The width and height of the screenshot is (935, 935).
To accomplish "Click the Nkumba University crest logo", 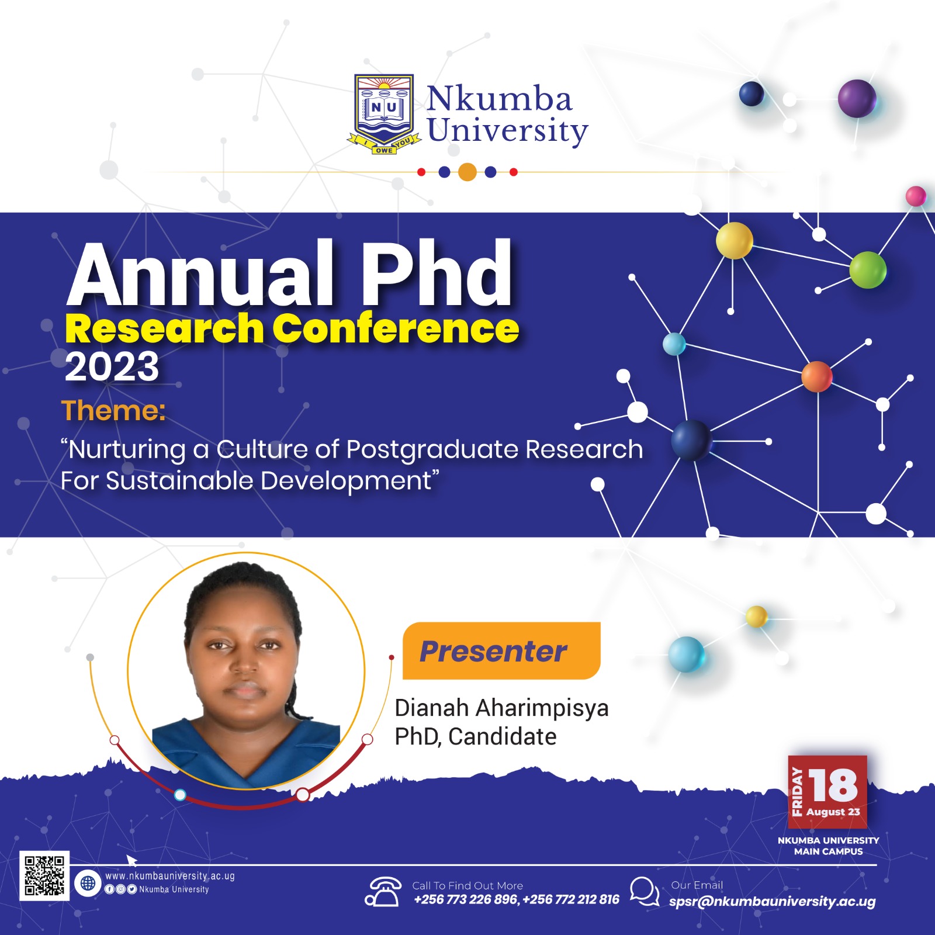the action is (x=384, y=114).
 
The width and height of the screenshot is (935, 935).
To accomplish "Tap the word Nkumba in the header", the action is (x=499, y=98).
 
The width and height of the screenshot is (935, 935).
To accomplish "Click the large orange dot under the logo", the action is (x=467, y=172).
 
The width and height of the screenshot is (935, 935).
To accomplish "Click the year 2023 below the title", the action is (x=112, y=367).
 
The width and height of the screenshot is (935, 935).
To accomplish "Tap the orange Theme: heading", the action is (x=113, y=410).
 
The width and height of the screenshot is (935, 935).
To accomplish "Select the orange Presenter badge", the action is (x=501, y=650).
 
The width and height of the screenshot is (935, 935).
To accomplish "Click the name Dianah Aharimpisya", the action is (x=501, y=708).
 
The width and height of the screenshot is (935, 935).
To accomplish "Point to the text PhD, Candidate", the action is (x=476, y=737).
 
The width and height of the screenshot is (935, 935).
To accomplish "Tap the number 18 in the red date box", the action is (x=833, y=785).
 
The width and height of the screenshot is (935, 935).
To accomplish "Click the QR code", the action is (x=44, y=875).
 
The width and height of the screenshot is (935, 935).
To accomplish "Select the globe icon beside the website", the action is (x=88, y=883).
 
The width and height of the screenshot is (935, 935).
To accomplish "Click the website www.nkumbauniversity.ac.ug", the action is (x=170, y=876).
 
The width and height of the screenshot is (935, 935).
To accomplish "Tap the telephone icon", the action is (x=383, y=892).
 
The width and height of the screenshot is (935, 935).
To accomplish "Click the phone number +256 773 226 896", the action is (x=466, y=899).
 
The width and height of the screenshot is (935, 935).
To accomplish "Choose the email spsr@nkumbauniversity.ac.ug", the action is (x=773, y=901).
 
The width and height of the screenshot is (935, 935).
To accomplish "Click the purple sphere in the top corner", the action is (x=857, y=99).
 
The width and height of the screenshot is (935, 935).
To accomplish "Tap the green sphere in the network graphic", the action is (x=868, y=270).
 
